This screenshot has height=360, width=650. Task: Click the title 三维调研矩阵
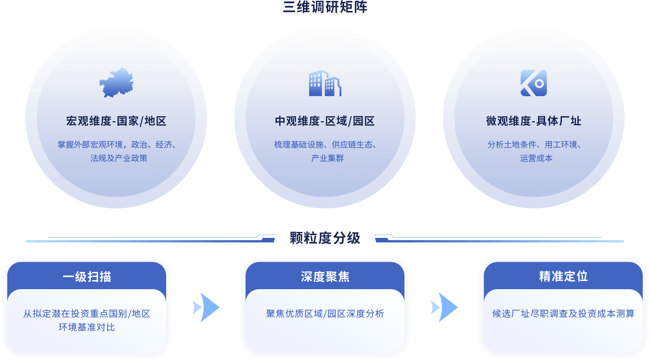[325, 7]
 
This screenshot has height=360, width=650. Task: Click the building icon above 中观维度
[325, 83]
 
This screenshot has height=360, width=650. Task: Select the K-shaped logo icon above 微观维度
[533, 83]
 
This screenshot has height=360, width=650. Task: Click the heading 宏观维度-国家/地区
[116, 121]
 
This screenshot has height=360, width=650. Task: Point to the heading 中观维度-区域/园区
[325, 121]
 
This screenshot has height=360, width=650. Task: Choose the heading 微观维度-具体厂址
[533, 121]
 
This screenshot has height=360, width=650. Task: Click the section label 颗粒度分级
[325, 238]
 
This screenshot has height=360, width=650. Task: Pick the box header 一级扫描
[87, 277]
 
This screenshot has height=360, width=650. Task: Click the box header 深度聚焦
[325, 277]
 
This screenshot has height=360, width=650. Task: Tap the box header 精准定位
[563, 276]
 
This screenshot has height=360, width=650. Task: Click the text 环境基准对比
[87, 327]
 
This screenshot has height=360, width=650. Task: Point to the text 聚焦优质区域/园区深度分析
[325, 314]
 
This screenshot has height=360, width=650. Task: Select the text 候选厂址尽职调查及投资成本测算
[563, 314]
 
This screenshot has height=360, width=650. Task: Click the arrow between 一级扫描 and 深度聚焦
[207, 307]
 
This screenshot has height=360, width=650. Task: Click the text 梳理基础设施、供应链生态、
[325, 145]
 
